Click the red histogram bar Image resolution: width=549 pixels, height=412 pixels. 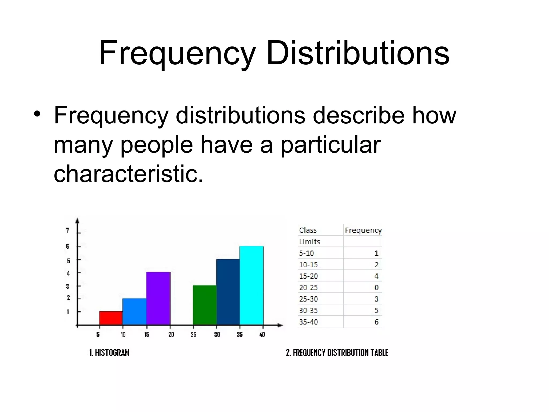click(111, 318)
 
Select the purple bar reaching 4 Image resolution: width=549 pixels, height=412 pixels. click(158, 298)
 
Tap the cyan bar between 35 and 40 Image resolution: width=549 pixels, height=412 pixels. click(251, 285)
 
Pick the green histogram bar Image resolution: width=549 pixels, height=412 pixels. click(205, 305)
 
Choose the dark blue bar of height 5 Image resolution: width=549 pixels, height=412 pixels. click(228, 292)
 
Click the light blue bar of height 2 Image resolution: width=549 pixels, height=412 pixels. click(135, 311)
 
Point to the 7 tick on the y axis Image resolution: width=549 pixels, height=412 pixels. click(68, 230)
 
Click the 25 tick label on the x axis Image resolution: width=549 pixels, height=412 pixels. click(194, 334)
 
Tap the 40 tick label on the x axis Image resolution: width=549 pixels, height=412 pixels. click(262, 334)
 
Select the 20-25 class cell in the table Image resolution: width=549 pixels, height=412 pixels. click(308, 288)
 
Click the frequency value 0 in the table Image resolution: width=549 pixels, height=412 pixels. click(376, 288)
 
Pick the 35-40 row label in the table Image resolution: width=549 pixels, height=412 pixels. click(308, 322)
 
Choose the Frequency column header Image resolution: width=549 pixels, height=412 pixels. click(363, 230)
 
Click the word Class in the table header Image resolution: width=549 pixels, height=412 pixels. click(308, 230)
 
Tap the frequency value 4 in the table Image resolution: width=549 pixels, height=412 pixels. click(376, 276)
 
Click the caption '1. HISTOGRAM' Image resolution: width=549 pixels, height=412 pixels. click(109, 352)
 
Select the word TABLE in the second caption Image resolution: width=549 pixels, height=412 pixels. click(379, 352)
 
